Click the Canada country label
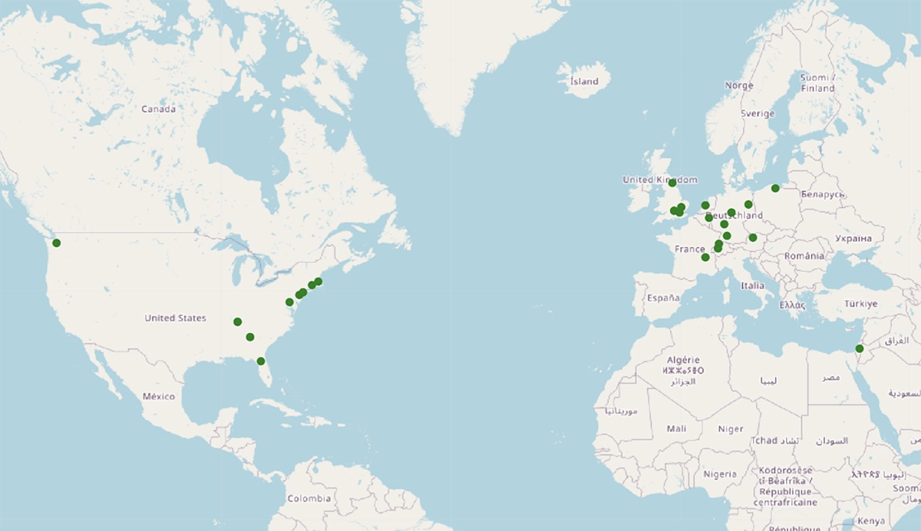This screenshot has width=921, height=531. (158, 109)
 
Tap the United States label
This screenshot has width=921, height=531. (175, 318)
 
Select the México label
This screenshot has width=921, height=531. (158, 396)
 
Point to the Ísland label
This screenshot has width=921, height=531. (584, 81)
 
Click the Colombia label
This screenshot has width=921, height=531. (309, 498)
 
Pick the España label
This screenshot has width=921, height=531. (663, 298)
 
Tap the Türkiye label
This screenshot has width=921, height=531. (860, 304)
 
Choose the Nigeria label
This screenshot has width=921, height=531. (720, 474)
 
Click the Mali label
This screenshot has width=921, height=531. (677, 429)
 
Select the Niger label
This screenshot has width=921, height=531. (731, 429)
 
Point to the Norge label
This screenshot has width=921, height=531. (739, 86)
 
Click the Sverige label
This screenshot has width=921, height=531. (758, 114)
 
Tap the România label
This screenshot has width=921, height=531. (804, 256)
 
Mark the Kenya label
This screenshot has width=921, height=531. (870, 521)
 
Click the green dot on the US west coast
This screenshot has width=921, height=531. (56, 243)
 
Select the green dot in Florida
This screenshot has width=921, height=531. (261, 361)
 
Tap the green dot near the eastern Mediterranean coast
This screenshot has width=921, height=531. (860, 348)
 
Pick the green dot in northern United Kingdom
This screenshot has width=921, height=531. (672, 183)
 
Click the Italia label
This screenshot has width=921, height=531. (752, 285)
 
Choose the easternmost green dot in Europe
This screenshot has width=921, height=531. (775, 188)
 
